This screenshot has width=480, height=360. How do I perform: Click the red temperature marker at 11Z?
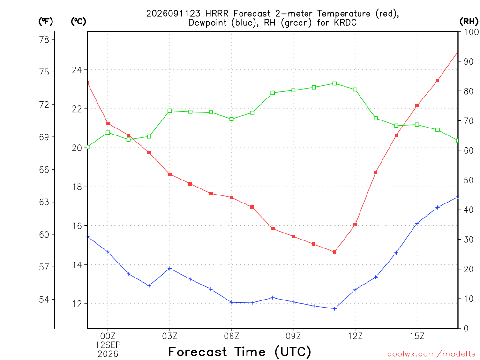(x=335, y=252)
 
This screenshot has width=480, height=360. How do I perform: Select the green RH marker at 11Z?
(x=335, y=83)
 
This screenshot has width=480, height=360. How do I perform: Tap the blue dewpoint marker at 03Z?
(x=170, y=269)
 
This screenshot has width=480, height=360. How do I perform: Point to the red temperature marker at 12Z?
(x=355, y=225)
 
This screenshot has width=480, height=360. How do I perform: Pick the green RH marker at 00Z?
(x=108, y=133)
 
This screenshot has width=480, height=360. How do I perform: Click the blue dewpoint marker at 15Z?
(x=417, y=224)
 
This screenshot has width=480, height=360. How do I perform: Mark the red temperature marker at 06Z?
(x=232, y=197)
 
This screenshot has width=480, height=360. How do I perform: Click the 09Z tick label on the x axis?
(x=293, y=337)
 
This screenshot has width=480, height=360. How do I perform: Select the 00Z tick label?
(x=108, y=337)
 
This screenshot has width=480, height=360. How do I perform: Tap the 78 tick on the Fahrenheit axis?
(x=44, y=39)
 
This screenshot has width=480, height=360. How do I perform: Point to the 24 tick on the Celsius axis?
(x=77, y=70)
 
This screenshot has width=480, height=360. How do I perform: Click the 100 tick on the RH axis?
(x=471, y=32)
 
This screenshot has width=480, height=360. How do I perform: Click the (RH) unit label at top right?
(x=469, y=22)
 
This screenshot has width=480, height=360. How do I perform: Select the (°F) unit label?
(x=45, y=22)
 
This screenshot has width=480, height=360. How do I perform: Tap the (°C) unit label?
(x=78, y=22)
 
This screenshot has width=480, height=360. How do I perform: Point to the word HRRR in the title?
(x=217, y=14)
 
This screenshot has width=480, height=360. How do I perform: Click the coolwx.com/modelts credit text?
(x=431, y=354)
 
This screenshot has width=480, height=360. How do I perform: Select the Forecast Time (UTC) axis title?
(x=240, y=352)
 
